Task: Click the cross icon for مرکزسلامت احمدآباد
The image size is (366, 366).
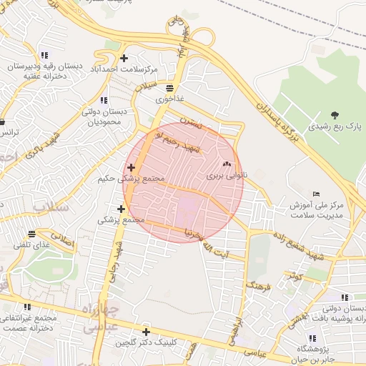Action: (x=124, y=58)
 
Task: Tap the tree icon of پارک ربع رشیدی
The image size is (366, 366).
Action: (x=335, y=114)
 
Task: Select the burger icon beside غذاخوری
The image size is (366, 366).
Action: (x=169, y=89)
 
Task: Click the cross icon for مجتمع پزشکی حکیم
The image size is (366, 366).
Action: (x=129, y=167)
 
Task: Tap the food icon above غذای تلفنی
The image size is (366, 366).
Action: (x=31, y=234)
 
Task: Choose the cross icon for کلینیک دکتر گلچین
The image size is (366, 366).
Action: (x=146, y=332)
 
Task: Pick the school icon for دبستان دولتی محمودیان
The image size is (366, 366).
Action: (x=104, y=100)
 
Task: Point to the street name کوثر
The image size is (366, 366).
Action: (x=295, y=274)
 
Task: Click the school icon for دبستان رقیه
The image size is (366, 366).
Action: (x=44, y=55)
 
